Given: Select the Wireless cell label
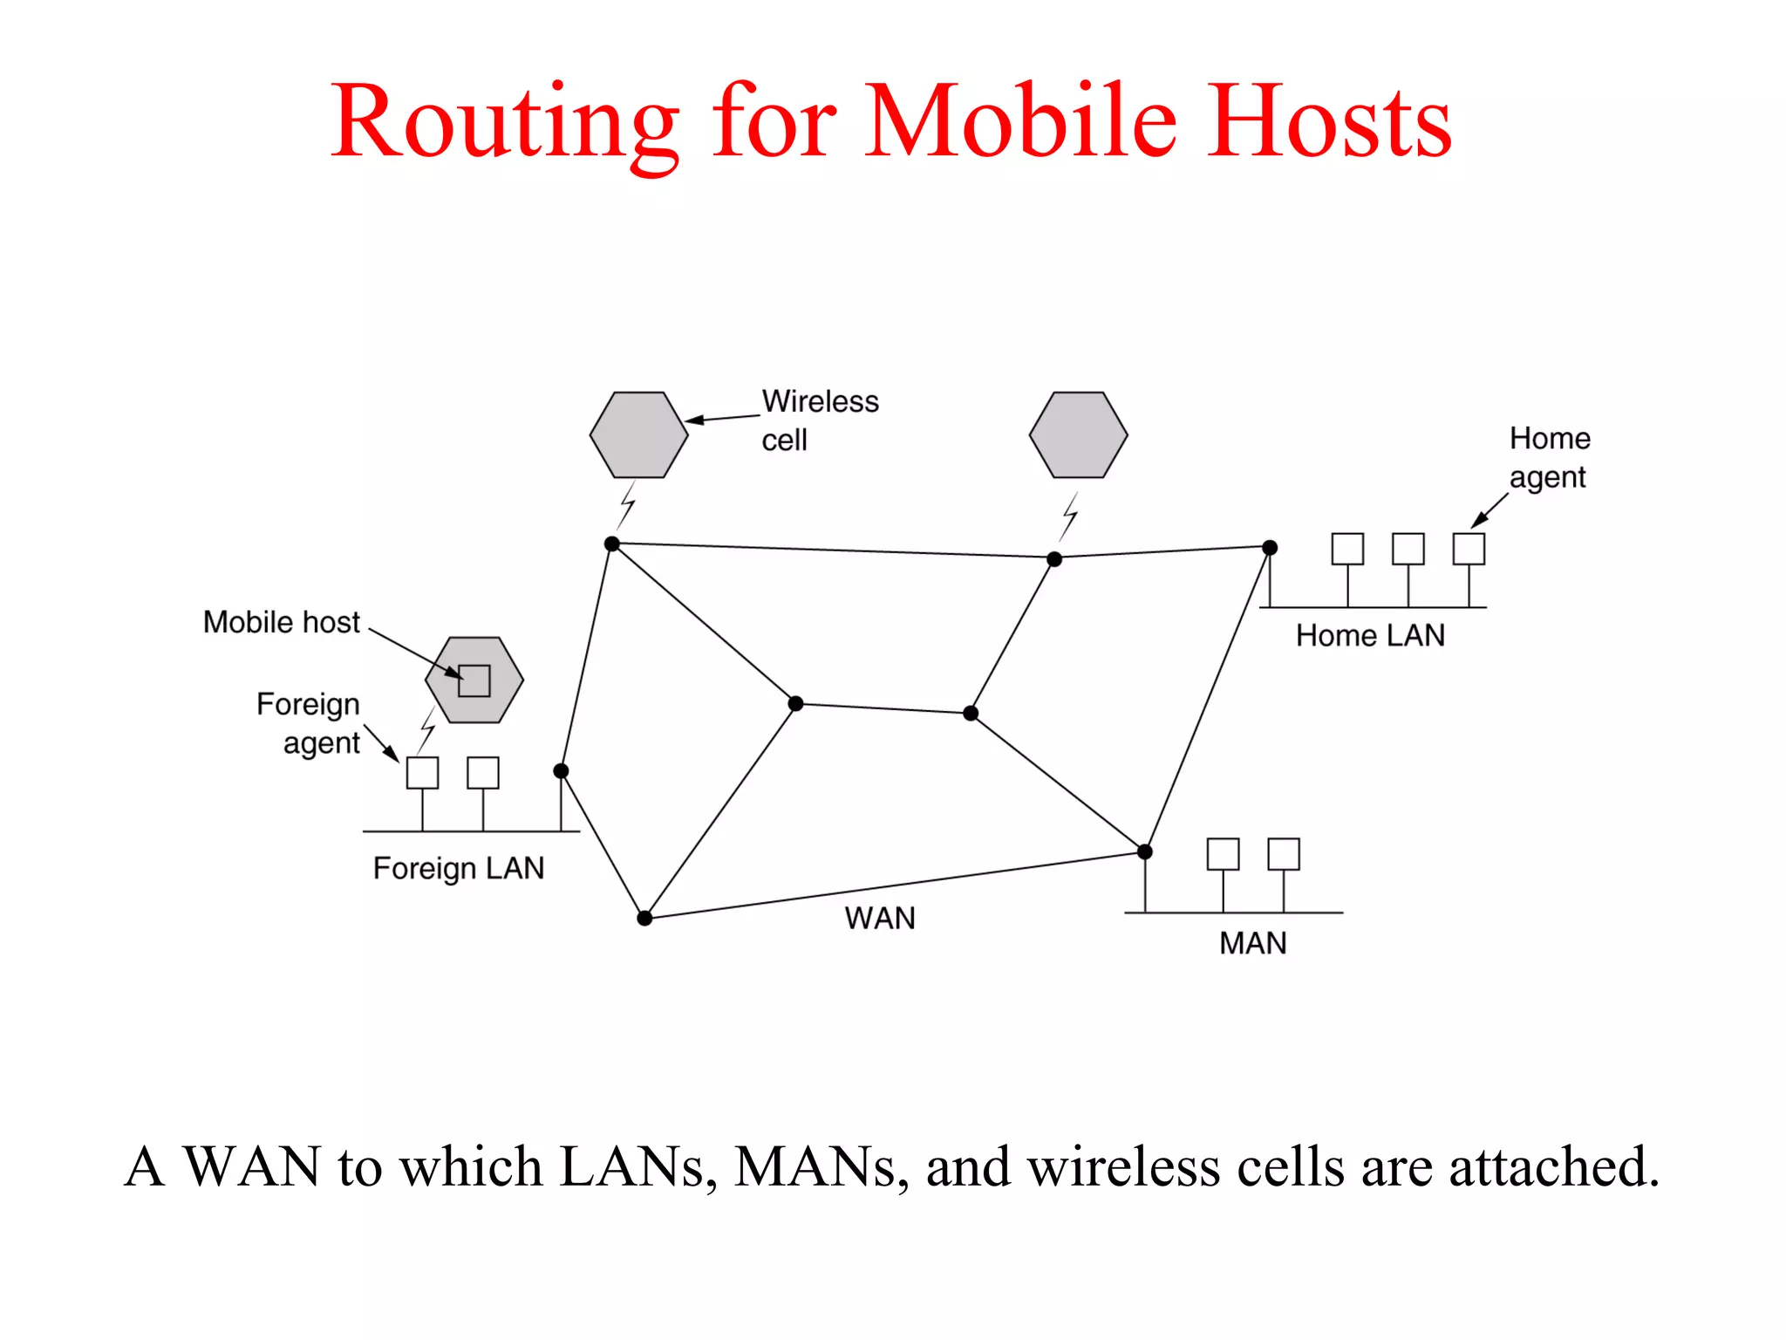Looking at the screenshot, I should point(820,420).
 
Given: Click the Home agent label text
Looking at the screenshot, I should point(1550,457).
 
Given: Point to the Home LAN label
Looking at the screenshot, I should point(1370,635).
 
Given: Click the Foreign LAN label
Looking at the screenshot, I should point(459,868).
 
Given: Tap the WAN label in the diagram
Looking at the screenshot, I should point(880,918).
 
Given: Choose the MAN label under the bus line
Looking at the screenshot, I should point(1252,943).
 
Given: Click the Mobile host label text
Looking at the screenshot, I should point(281,622).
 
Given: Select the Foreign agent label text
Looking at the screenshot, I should point(309,723).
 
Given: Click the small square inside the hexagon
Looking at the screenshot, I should point(474,680).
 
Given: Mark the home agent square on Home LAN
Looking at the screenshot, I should point(1469,549).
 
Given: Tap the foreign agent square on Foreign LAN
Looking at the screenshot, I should point(423,773).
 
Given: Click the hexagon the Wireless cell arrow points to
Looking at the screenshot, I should point(638,434).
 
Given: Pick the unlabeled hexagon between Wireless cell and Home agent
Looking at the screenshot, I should point(1078,434).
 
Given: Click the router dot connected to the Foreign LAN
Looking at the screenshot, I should point(561,771).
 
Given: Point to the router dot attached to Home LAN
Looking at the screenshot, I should point(1270,548).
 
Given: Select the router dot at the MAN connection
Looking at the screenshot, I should point(1145,851).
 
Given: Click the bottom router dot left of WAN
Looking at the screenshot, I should point(644,918).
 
